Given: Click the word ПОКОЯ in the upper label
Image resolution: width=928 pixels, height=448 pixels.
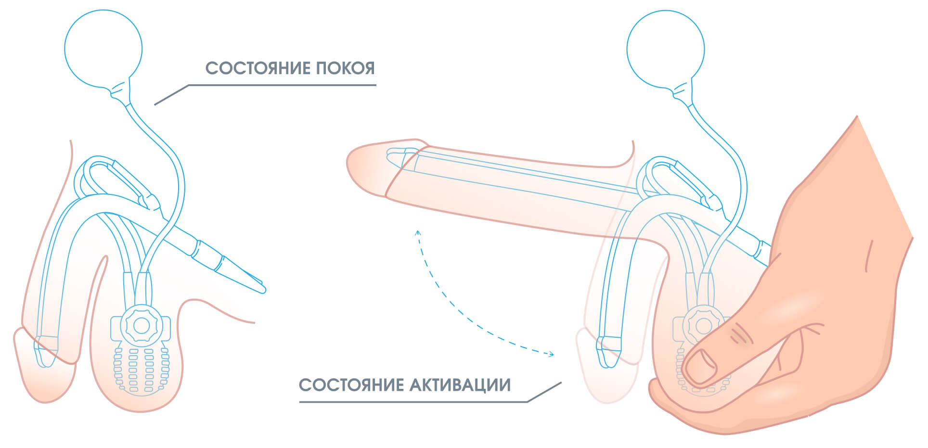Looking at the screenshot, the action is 345,68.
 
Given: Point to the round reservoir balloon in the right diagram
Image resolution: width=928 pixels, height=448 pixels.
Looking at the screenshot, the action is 666,50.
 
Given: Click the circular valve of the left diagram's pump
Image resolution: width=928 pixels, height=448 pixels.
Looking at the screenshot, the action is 141,326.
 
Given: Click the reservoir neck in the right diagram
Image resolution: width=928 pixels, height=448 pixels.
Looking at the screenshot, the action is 683,91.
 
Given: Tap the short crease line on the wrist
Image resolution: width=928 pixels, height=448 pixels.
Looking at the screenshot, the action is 868,256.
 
